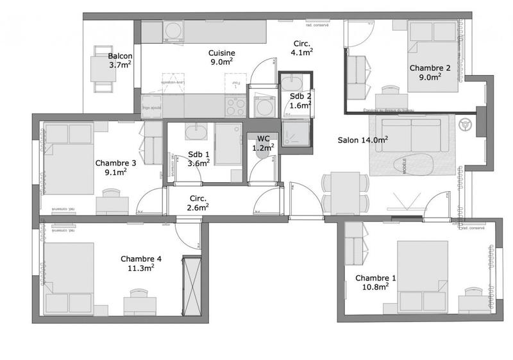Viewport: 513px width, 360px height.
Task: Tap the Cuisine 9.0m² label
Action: coord(221,58)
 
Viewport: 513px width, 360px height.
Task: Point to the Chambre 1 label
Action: coord(376,282)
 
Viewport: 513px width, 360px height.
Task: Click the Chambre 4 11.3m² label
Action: coord(140,263)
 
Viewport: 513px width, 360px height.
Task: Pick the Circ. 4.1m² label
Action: coord(301,48)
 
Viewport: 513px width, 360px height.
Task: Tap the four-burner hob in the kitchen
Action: coord(236,105)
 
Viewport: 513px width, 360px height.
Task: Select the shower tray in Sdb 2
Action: coord(296,133)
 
